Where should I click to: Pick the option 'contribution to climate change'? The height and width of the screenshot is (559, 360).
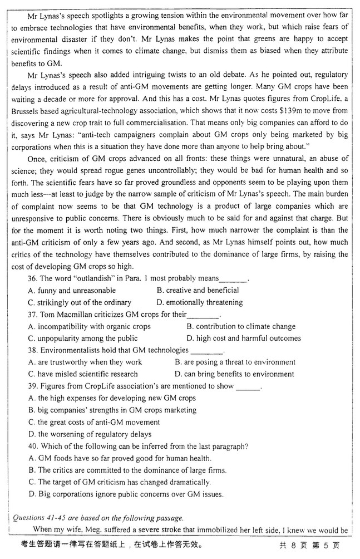[245, 327]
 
